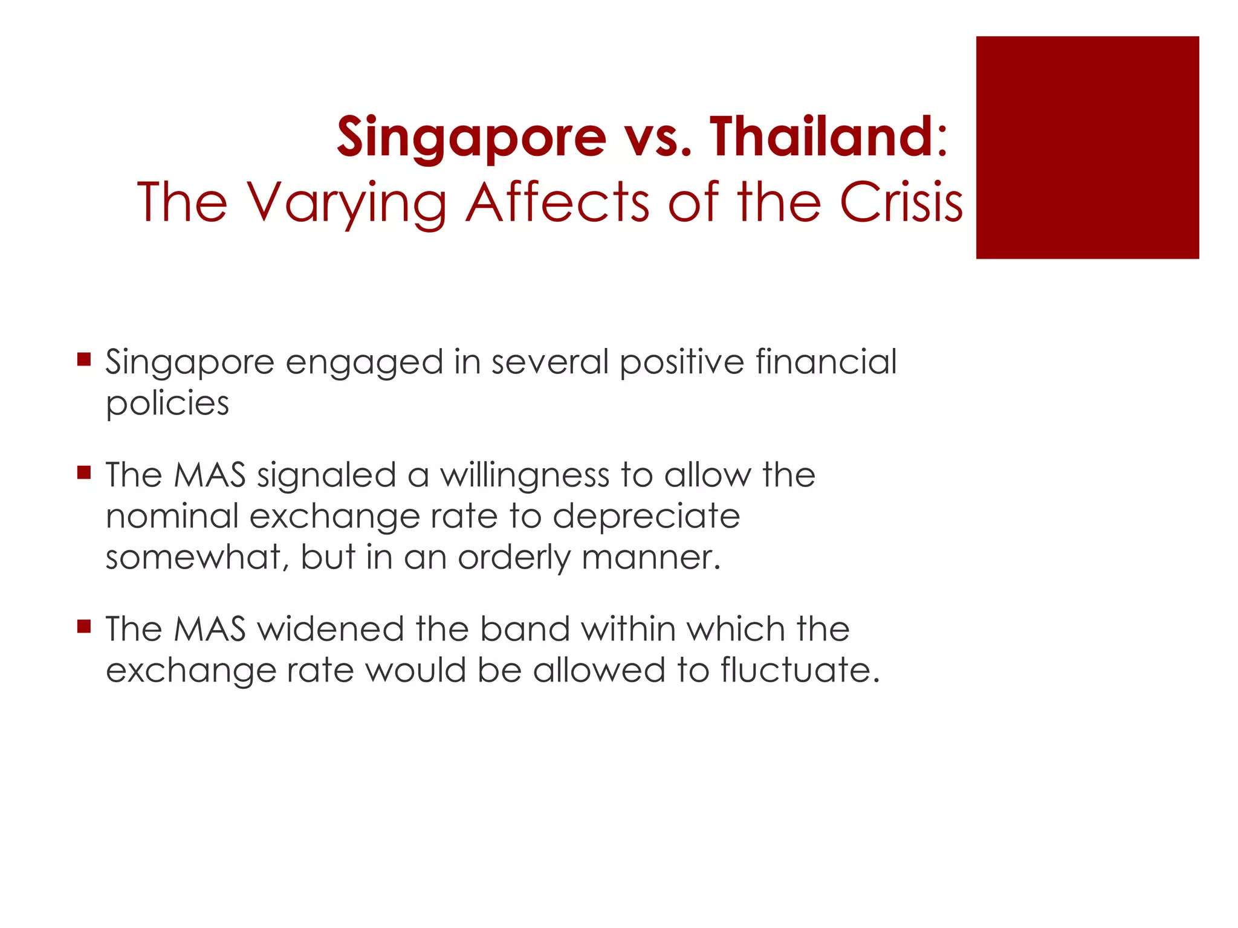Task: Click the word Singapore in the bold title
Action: click(x=471, y=138)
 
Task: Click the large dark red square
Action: click(x=1087, y=147)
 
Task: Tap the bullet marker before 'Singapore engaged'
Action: click(x=84, y=360)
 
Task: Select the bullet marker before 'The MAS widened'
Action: click(x=84, y=626)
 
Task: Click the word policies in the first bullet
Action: click(x=167, y=404)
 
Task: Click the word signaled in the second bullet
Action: click(x=326, y=476)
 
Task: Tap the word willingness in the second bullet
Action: click(x=524, y=476)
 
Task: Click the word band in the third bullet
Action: click(x=525, y=629)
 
